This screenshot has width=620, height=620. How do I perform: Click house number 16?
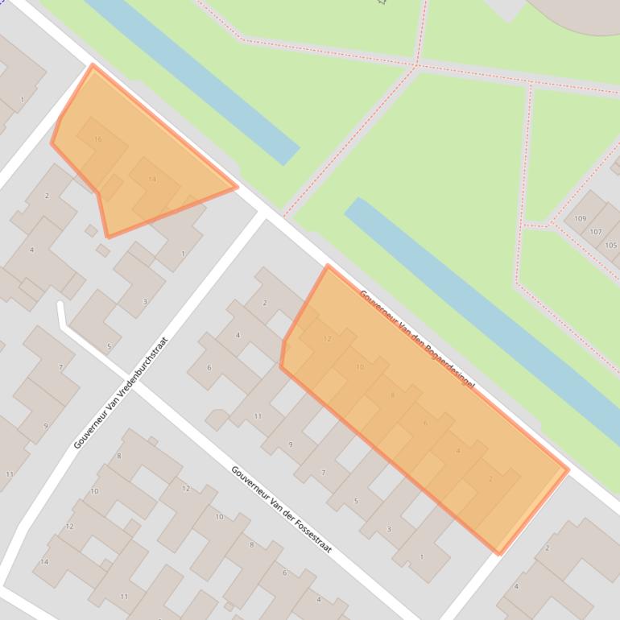click(x=98, y=139)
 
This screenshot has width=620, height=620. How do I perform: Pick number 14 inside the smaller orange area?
click(x=152, y=180)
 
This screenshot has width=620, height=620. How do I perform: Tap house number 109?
click(x=580, y=219)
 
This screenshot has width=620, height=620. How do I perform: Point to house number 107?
click(x=596, y=232)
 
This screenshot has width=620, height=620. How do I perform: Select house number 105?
click(x=610, y=246)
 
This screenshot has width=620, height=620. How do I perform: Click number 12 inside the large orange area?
click(x=327, y=339)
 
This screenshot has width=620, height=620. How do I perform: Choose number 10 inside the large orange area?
click(x=360, y=367)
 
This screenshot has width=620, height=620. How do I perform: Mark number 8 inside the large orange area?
click(x=393, y=395)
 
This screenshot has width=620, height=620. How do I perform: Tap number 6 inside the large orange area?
click(x=425, y=423)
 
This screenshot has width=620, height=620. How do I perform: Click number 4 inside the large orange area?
click(x=458, y=451)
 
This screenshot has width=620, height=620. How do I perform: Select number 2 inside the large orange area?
click(x=490, y=479)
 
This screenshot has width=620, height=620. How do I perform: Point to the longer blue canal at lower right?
click(x=483, y=314)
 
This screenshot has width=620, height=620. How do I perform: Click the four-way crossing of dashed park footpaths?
click(x=417, y=64)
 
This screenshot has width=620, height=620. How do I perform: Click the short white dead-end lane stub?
click(x=60, y=314)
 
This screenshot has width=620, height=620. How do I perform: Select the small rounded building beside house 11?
click(x=217, y=419)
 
